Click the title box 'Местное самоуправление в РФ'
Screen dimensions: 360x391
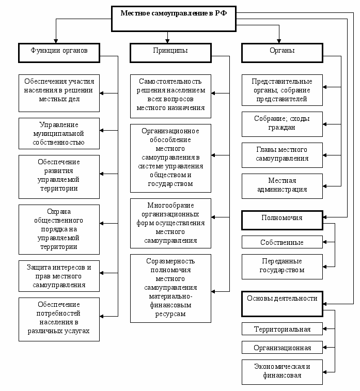pos(174,19)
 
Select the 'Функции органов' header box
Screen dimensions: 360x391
pos(59,53)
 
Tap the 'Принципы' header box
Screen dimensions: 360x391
pos(170,53)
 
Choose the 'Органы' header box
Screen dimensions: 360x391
pos(282,53)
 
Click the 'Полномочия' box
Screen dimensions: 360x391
pos(282,220)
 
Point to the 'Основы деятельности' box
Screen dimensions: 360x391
pos(282,304)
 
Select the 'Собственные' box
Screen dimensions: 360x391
pos(282,242)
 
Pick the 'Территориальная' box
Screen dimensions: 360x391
pos(282,329)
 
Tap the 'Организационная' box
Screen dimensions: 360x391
pos(282,348)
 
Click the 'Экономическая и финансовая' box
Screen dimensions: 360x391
pos(282,372)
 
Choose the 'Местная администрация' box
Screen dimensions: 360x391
pos(282,186)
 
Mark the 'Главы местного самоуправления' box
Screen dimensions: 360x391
pos(282,155)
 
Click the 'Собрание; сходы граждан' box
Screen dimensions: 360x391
pos(282,124)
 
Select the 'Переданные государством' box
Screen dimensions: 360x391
pos(282,267)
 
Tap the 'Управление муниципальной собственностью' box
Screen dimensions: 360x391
pos(59,133)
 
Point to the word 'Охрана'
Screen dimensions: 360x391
pos(59,211)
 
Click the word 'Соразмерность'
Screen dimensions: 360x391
pos(170,261)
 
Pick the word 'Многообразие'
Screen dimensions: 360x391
pos(170,205)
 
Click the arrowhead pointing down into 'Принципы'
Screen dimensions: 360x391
pos(167,41)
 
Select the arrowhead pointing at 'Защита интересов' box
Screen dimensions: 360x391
pos(102,273)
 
